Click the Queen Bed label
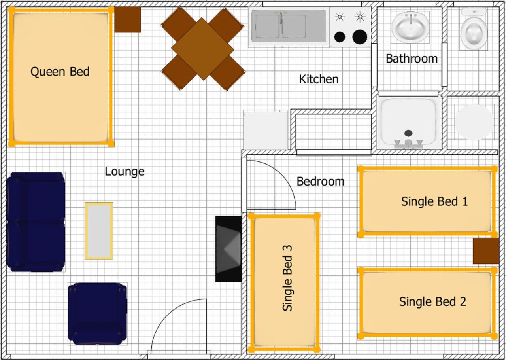(x=60, y=72)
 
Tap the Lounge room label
(x=125, y=172)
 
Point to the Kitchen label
(x=319, y=79)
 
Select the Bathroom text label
(x=412, y=59)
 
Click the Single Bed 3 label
(x=287, y=278)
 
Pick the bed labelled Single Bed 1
(x=428, y=201)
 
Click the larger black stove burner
(x=360, y=37)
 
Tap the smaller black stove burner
(x=340, y=37)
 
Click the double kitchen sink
(x=289, y=26)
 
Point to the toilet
(x=474, y=29)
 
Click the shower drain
(x=408, y=133)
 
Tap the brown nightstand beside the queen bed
(x=127, y=20)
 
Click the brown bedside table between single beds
(x=486, y=251)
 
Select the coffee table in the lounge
(x=99, y=231)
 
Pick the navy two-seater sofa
(x=36, y=222)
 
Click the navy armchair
(x=98, y=314)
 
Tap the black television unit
(x=228, y=249)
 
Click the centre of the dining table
(x=203, y=49)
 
